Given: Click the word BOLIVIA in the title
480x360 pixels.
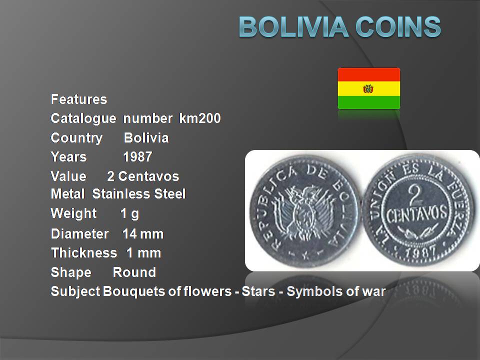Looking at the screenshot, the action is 293,27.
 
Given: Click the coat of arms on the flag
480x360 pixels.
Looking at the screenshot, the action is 368,89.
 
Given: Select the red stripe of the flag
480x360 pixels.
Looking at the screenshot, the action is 369,74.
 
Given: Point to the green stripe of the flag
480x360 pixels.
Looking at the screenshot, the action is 369,102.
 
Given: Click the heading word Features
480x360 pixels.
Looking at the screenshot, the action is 79,99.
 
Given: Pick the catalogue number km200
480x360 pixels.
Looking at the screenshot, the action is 200,118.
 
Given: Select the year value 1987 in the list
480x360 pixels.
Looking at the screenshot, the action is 137,156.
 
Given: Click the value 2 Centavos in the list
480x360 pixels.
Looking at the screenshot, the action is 143,176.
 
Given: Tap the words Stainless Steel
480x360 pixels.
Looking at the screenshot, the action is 138,194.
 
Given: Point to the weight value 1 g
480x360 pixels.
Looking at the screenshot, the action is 130,213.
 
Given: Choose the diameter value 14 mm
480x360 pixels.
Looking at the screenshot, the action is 143,234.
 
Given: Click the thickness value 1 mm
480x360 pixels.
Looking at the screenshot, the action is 143,253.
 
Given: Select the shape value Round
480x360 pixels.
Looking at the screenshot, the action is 134,272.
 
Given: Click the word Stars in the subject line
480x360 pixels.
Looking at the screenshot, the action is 258,291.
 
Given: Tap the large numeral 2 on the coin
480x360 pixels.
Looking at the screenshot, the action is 415,194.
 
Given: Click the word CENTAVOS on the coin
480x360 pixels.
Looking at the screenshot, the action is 417,215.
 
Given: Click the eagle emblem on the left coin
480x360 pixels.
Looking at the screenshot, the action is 304,212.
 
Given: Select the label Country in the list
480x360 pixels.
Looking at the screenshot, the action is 76,138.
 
